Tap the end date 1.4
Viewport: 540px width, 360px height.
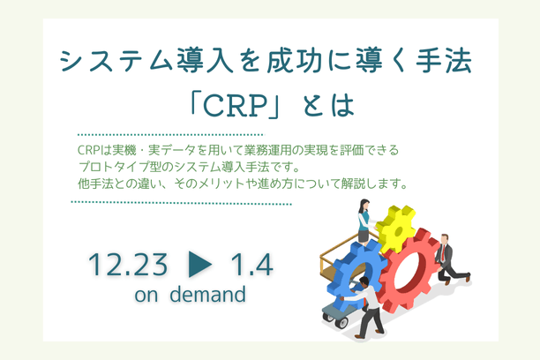click(x=251, y=264)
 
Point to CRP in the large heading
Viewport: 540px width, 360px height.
click(x=244, y=107)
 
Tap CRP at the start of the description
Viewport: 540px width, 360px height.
click(x=88, y=150)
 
